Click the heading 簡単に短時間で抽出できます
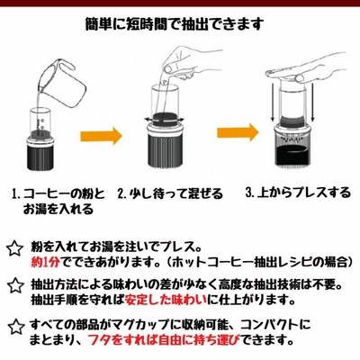pos(175,24)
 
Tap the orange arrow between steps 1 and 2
pos(101,136)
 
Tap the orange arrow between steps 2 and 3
pos(238,132)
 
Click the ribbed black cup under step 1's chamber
pos(40,157)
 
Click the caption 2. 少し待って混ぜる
pos(170,194)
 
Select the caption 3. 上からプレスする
pos(298,193)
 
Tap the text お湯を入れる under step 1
pos(58,209)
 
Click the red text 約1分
pos(46,262)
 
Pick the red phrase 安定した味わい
pos(166,299)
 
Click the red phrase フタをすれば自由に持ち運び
pos(165,339)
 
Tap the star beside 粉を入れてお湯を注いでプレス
pos(14,248)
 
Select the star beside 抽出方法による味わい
pos(15,285)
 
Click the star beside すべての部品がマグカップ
pos(15,327)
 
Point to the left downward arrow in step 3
pos(273,103)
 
